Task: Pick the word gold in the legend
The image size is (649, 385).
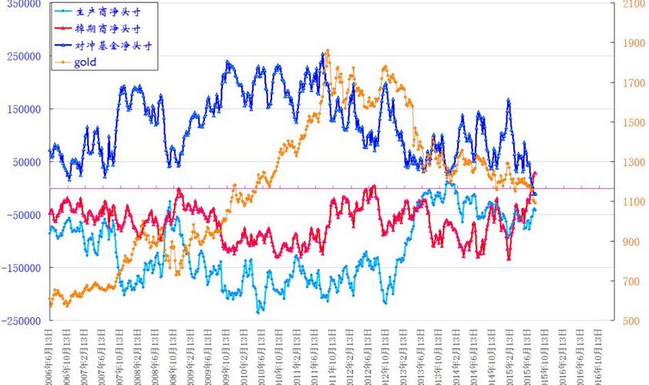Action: pos(86,62)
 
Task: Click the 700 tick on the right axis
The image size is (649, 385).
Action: pos(627,282)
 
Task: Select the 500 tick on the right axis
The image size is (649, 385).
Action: pos(627,321)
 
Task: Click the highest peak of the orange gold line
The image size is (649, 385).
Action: pos(328,51)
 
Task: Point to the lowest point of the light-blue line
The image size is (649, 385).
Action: pos(258,312)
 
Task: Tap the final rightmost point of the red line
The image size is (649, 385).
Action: pos(535,173)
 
